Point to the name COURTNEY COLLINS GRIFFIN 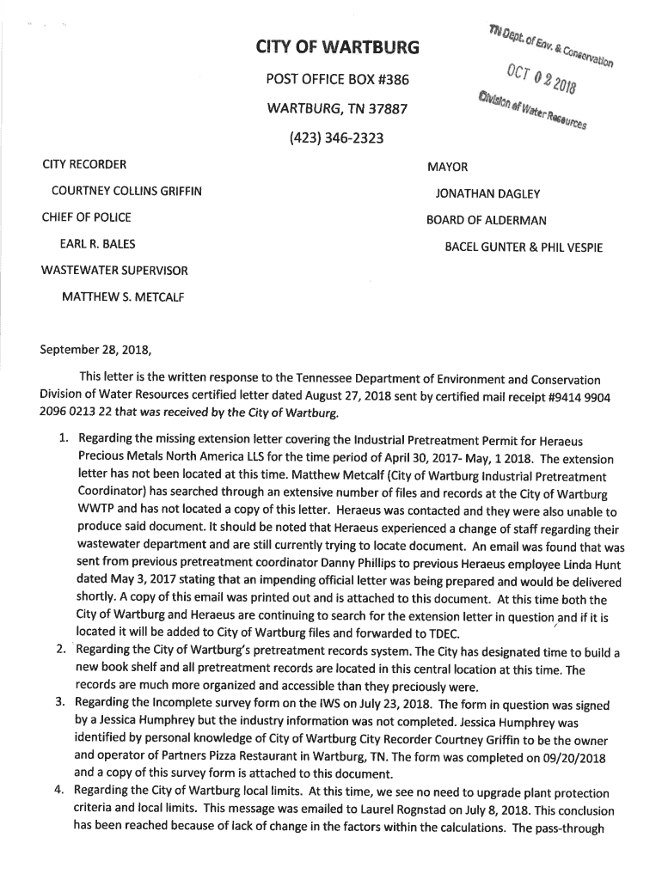[126, 191]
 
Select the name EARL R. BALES [96, 244]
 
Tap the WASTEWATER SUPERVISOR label [114, 271]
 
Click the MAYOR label [447, 168]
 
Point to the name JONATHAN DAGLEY [487, 194]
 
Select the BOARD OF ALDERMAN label [486, 221]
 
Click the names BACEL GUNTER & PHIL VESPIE [523, 247]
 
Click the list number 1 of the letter [64, 439]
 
